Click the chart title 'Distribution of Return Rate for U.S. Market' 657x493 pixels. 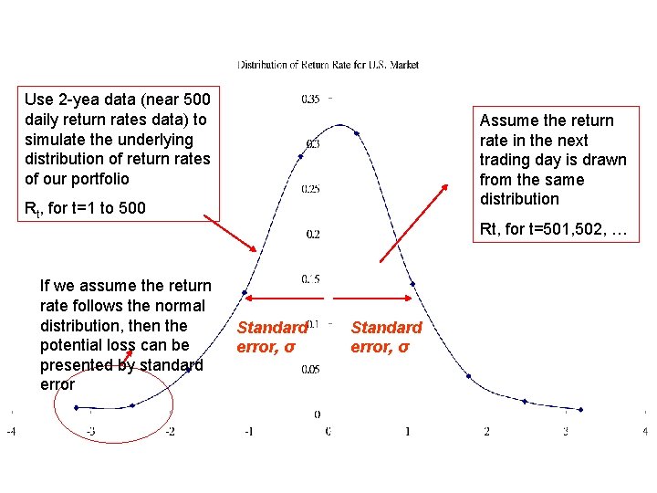(x=328, y=65)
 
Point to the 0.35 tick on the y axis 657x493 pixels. (x=311, y=99)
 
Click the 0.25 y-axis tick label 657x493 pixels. (x=311, y=189)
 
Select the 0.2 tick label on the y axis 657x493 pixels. (x=313, y=235)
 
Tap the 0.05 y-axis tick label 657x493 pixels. (x=311, y=369)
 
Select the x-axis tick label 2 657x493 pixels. (x=486, y=431)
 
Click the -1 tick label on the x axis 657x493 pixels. (x=248, y=431)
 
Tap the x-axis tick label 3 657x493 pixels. (x=566, y=431)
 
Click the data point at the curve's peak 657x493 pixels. (x=357, y=133)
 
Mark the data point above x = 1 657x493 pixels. (x=413, y=285)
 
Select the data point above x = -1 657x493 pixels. (x=245, y=293)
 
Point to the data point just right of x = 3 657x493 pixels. (x=580, y=409)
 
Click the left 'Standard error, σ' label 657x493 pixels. (x=271, y=337)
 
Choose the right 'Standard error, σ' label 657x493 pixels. (x=386, y=337)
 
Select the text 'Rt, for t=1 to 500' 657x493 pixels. (x=85, y=208)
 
